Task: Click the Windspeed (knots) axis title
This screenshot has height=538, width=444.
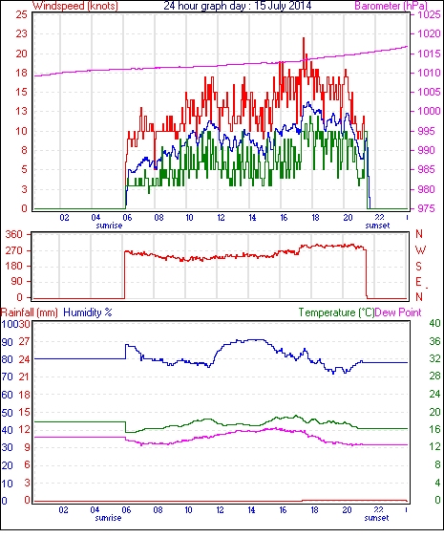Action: click(x=75, y=6)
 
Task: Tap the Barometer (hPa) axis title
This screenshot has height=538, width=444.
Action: click(x=391, y=6)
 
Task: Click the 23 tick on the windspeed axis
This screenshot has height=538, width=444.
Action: click(x=21, y=33)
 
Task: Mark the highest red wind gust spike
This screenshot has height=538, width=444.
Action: click(x=304, y=38)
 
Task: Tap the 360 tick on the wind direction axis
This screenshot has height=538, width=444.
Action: click(x=14, y=235)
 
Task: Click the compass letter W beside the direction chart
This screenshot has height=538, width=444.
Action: click(x=420, y=250)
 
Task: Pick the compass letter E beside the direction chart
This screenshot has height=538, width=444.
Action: click(x=418, y=282)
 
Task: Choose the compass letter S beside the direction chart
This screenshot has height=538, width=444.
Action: click(x=418, y=266)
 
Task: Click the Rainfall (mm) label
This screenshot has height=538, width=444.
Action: click(x=30, y=312)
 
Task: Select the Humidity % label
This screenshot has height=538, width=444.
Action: click(x=88, y=312)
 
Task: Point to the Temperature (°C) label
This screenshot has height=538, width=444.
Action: click(x=336, y=312)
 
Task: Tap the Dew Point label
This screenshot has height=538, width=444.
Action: click(x=398, y=312)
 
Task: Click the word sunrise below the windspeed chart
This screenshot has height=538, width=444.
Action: click(x=109, y=226)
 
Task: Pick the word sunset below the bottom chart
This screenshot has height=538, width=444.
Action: click(x=376, y=518)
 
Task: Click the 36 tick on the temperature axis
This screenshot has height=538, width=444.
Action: click(x=434, y=341)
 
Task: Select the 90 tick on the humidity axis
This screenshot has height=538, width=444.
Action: click(x=8, y=342)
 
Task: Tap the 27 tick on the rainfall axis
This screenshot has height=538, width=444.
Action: click(x=24, y=341)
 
